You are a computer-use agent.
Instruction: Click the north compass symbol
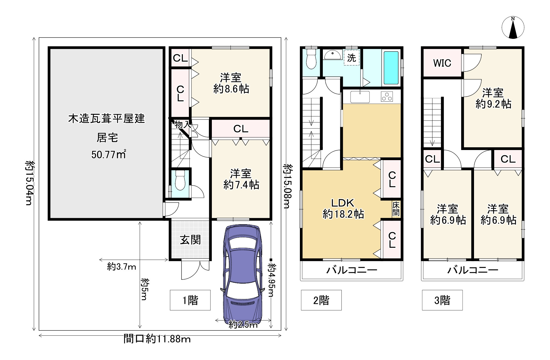pyautogui.click(x=513, y=28)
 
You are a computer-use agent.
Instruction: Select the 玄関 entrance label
pyautogui.click(x=190, y=240)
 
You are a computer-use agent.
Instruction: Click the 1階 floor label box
pyautogui.click(x=190, y=300)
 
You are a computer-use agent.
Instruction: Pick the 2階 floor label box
pyautogui.click(x=321, y=300)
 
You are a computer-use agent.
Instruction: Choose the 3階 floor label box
pyautogui.click(x=442, y=300)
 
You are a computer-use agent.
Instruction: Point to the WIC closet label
pyautogui.click(x=442, y=63)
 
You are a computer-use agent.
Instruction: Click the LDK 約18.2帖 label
pyautogui.click(x=343, y=208)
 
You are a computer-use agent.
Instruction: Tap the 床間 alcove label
pyautogui.click(x=396, y=209)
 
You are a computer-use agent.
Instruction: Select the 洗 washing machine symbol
pyautogui.click(x=352, y=58)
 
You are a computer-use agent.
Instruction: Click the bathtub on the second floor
pyautogui.click(x=391, y=68)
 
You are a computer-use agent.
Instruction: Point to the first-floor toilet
pyautogui.click(x=180, y=180)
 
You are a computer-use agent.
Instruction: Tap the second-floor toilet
pyautogui.click(x=311, y=59)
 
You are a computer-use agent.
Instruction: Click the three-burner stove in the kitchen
pyautogui.click(x=387, y=97)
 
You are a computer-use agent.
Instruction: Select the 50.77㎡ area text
pyautogui.click(x=109, y=154)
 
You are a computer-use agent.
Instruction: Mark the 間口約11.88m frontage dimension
pyautogui.click(x=157, y=339)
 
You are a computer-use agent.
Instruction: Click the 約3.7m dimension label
pyautogui.click(x=122, y=266)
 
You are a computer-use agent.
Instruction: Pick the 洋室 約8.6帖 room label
pyautogui.click(x=231, y=83)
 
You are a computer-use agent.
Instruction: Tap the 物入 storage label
pyautogui.click(x=183, y=125)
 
